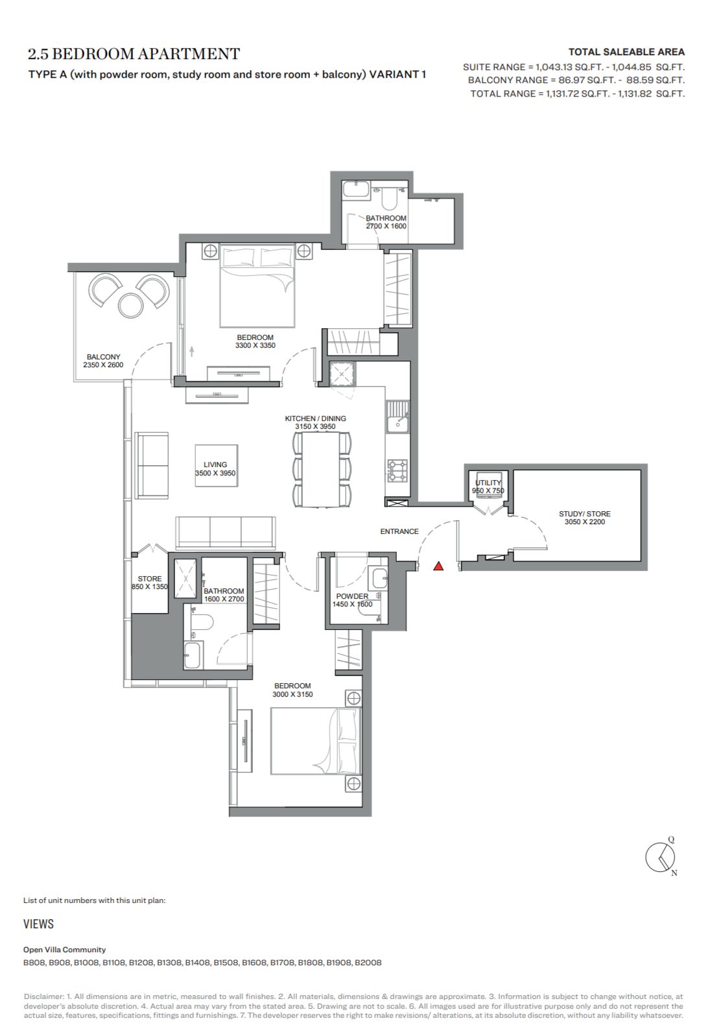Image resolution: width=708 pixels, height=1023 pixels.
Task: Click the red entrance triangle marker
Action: click(x=438, y=566)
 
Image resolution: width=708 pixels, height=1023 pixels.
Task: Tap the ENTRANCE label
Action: click(x=399, y=531)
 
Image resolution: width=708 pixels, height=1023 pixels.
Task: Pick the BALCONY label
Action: click(x=104, y=357)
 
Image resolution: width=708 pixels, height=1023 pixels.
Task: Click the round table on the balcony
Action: click(x=130, y=305)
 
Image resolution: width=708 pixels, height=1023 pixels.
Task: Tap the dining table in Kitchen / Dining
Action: click(x=322, y=469)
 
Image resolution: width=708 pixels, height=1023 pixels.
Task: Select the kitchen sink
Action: click(x=398, y=416)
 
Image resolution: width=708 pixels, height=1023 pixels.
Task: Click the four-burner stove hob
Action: click(x=397, y=471)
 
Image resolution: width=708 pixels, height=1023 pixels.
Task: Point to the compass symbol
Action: click(x=661, y=857)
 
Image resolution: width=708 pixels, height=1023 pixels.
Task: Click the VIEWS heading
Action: click(x=38, y=924)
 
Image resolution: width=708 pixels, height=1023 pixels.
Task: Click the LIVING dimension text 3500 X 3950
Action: click(x=215, y=473)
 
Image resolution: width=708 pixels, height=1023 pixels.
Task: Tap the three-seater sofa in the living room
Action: click(x=226, y=533)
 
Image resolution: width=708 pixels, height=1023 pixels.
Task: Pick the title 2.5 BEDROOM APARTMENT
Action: click(x=134, y=54)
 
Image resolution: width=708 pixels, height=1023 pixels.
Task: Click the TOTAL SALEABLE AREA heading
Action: click(x=626, y=52)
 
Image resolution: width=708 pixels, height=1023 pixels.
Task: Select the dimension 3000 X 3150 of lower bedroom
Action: click(x=292, y=694)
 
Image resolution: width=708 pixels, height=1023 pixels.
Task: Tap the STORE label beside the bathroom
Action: click(x=150, y=579)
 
